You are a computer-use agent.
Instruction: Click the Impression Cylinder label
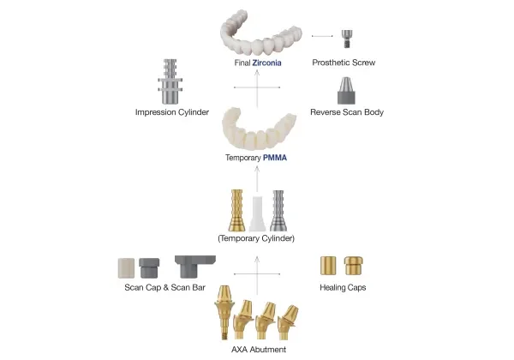pos(172,112)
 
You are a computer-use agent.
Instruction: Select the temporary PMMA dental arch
pos(257,128)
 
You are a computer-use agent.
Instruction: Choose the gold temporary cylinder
pos(236,210)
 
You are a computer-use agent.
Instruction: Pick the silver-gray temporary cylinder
pos(278,210)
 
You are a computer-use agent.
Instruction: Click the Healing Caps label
pos(343,287)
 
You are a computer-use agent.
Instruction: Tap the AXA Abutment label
pos(258,349)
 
